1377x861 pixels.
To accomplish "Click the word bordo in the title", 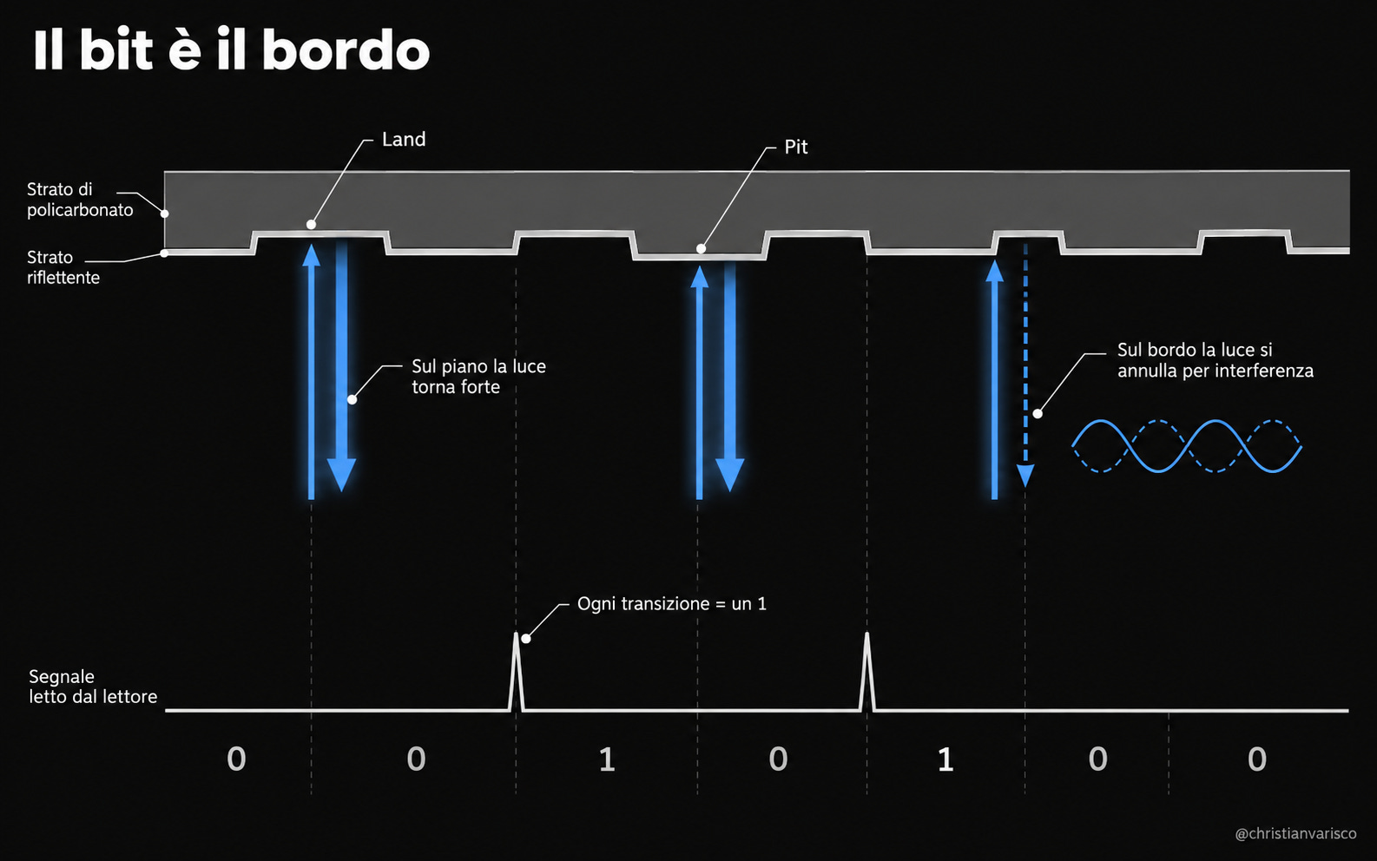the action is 346,50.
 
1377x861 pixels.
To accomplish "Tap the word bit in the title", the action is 115,50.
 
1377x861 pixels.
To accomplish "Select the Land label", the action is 403,139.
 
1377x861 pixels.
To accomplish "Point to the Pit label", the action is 795,147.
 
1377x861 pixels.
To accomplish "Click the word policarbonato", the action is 80,210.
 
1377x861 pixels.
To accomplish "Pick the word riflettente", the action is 63,278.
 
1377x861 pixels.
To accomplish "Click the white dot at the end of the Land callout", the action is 311,225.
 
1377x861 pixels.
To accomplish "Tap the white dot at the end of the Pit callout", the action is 701,249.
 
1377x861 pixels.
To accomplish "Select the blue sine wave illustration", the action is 1187,446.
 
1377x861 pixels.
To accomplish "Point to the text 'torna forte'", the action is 456,387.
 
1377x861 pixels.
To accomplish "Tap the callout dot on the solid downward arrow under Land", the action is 352,400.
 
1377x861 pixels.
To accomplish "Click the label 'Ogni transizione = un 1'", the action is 672,604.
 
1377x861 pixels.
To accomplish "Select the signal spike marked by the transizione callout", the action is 517,672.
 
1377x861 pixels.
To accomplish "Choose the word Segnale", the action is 62,677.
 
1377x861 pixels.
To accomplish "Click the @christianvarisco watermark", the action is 1296,833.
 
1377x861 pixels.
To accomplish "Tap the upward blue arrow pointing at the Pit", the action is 700,382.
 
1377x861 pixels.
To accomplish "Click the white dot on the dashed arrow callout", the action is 1038,414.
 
